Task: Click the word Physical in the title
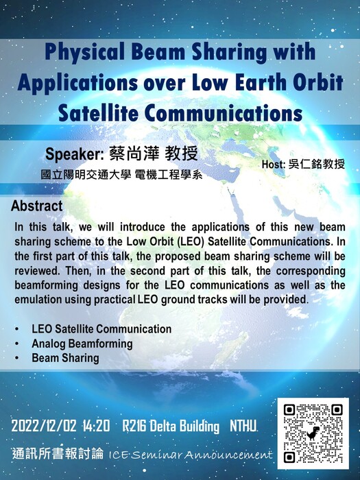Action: click(84, 52)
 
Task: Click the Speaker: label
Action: click(75, 154)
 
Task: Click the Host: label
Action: click(274, 165)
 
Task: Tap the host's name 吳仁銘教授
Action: click(317, 165)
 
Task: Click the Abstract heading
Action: click(37, 206)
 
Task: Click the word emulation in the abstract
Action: click(38, 300)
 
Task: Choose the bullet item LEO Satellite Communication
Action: click(101, 329)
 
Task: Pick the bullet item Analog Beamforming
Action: click(82, 344)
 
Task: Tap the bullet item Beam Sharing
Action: click(66, 358)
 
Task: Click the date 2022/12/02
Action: click(44, 426)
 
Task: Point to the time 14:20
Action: click(96, 426)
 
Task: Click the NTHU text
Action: click(243, 426)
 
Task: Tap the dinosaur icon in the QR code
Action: click(313, 433)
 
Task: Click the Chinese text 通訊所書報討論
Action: click(58, 454)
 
